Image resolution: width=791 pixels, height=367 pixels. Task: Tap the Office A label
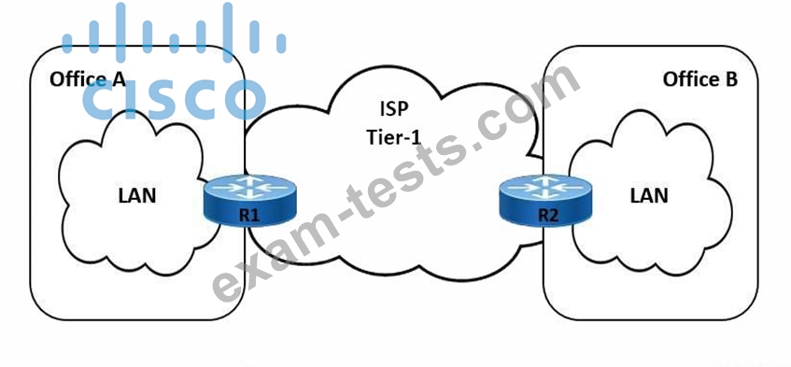tap(88, 79)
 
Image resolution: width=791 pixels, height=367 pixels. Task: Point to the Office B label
tap(700, 79)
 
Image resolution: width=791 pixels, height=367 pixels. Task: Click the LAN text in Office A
tap(137, 196)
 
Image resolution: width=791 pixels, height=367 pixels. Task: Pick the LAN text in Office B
tap(649, 195)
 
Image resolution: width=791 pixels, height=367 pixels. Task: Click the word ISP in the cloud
tap(394, 109)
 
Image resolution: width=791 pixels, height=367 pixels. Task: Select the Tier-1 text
tap(393, 137)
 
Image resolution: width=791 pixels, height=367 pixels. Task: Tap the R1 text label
tap(249, 216)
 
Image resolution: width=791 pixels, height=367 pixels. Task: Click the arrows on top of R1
tap(250, 188)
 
